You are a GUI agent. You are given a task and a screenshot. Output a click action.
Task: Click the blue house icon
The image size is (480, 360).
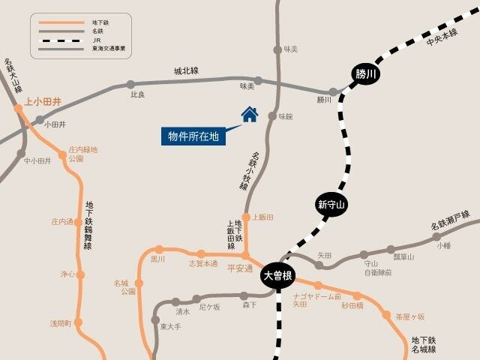point(249,114)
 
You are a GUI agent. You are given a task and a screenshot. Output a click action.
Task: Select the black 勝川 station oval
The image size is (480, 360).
point(367,73)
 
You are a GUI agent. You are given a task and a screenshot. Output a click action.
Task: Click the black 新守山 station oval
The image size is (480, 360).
point(330,204)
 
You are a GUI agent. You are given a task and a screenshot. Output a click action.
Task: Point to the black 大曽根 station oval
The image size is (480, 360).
point(278,275)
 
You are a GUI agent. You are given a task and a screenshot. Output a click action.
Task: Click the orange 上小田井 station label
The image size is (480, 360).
point(43,100)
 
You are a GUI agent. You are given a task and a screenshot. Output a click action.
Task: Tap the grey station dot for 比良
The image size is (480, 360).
point(131,85)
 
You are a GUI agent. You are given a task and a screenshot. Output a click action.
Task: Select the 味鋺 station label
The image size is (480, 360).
point(286,117)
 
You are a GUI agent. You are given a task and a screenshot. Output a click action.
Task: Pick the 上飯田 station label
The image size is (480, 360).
point(262,217)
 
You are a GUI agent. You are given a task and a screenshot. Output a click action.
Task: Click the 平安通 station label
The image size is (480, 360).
point(240,268)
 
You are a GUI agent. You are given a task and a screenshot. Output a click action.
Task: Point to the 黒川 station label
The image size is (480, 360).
point(157,259)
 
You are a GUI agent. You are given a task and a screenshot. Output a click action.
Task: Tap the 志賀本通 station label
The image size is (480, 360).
point(202,264)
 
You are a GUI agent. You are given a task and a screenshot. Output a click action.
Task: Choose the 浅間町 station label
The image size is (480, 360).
point(60,323)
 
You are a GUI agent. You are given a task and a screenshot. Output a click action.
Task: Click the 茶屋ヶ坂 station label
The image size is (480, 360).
point(410,316)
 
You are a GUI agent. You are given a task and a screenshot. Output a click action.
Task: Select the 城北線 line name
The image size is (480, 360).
point(186,71)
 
